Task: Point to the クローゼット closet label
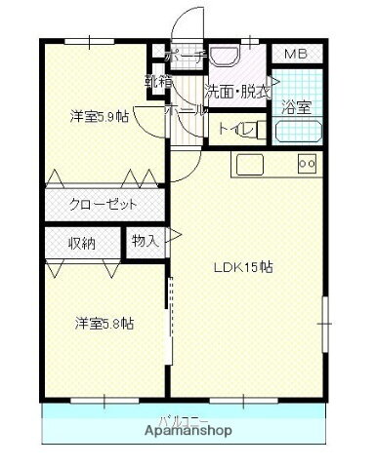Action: point(103,205)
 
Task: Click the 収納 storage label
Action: point(82,243)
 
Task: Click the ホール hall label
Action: point(185,110)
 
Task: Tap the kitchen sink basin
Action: point(245,163)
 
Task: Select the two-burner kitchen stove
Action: point(308,163)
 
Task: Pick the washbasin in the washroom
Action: point(226,55)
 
